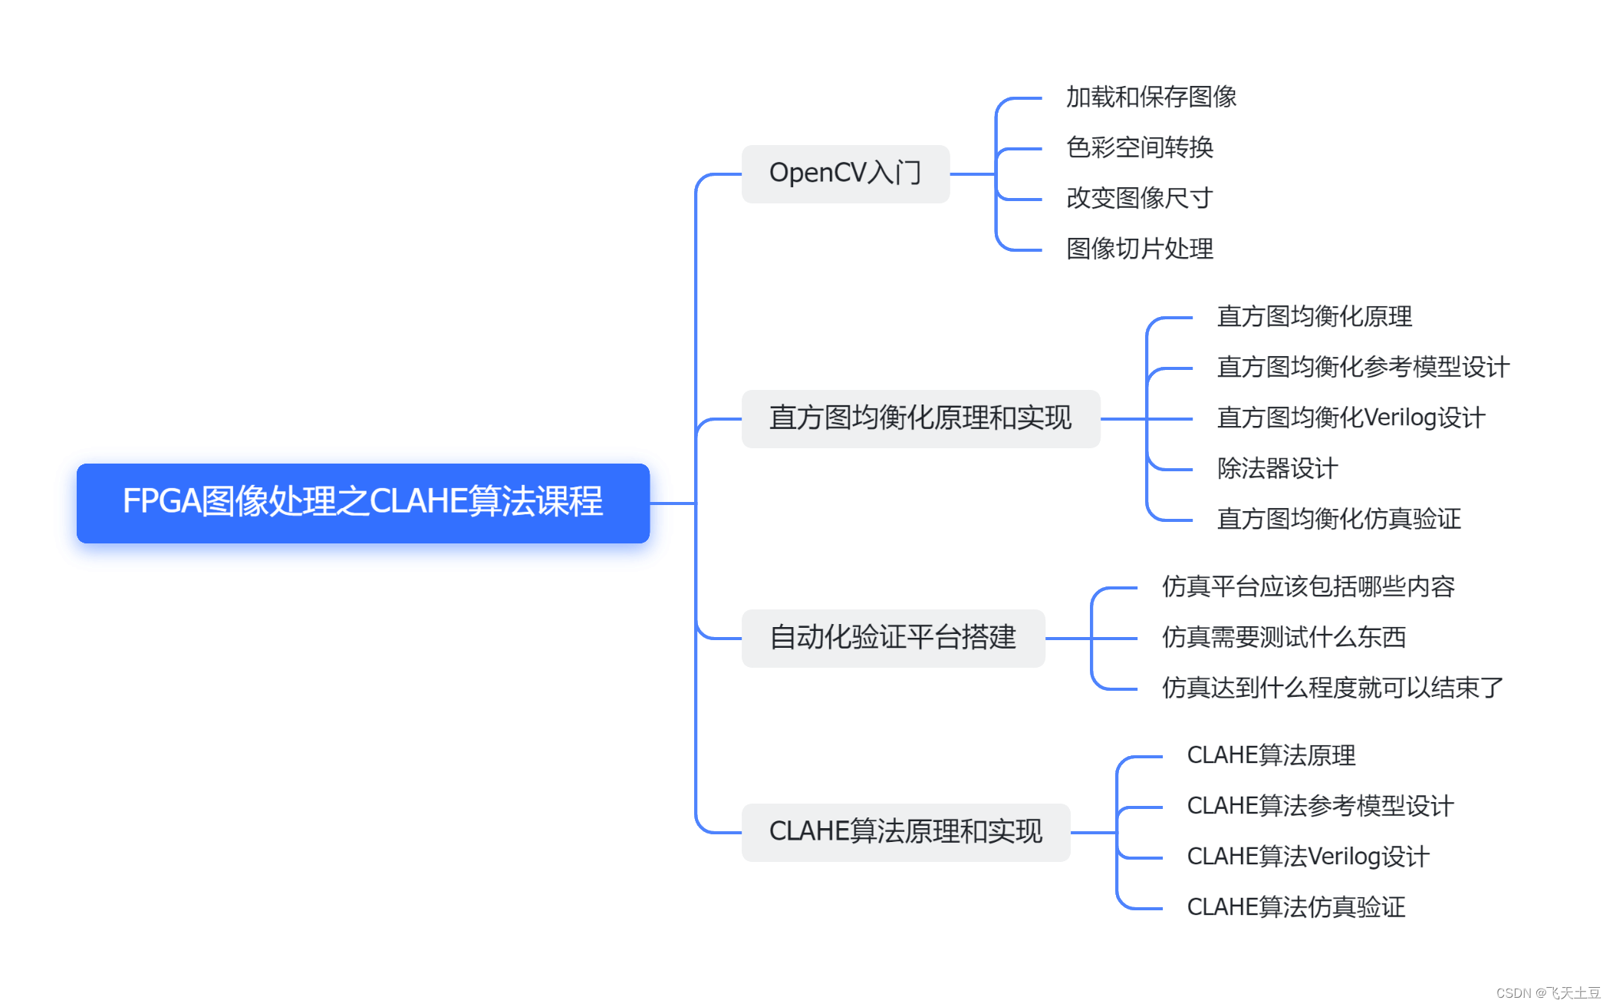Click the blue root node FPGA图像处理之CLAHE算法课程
[x=363, y=503]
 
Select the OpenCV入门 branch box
[x=845, y=174]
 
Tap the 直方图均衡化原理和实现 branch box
[x=920, y=418]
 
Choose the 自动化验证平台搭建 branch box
[x=893, y=638]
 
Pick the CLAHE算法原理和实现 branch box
[x=905, y=832]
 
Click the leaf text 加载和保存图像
[x=1150, y=97]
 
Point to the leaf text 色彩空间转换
[x=1139, y=148]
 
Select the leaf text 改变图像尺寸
[x=1139, y=199]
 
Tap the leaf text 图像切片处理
[x=1139, y=249]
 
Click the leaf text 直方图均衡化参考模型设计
[x=1362, y=368]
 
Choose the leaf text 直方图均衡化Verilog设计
[x=1351, y=418]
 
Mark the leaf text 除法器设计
[x=1277, y=469]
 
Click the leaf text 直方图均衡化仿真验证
[x=1338, y=520]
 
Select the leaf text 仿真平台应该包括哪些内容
[x=1308, y=587]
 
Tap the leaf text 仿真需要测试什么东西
[x=1283, y=638]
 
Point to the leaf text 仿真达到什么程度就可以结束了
[x=1332, y=688]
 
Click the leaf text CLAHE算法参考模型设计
[x=1320, y=807]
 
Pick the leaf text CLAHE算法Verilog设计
[x=1308, y=857]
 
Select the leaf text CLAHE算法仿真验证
[x=1295, y=908]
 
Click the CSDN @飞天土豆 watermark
[x=1548, y=993]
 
